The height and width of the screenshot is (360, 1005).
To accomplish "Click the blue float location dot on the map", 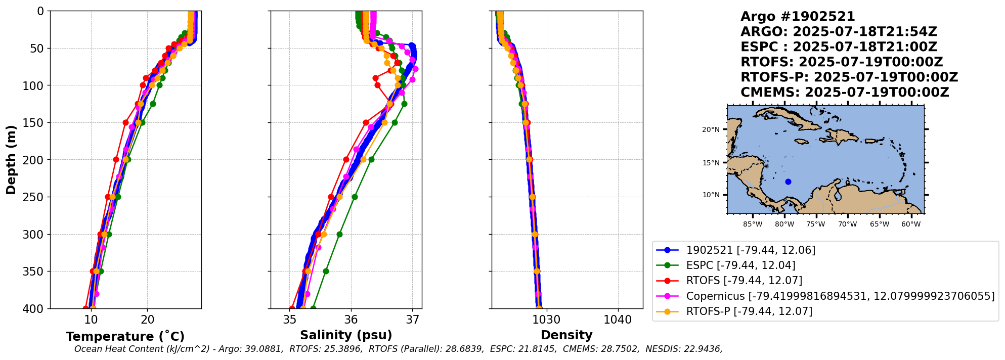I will coord(788,182).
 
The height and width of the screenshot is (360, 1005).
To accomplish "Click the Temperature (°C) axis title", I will coord(125,337).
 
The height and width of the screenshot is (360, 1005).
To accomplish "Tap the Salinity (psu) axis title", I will coord(346,335).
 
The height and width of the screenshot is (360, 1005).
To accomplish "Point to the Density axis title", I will coord(566,335).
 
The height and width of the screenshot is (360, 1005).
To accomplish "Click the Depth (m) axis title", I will coord(11,160).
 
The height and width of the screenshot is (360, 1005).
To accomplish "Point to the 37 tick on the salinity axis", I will coord(413,320).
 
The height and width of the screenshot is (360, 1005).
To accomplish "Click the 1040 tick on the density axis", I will coord(618,320).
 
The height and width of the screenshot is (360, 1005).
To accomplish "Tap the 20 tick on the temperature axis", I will coord(148,320).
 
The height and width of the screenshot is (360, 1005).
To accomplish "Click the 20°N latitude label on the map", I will coord(710,130).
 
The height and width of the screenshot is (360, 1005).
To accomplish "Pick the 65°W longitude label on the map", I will coord(880,224).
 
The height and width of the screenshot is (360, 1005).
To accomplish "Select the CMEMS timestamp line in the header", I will coord(844,93).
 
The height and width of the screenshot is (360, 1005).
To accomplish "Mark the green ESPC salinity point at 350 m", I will coord(326,272).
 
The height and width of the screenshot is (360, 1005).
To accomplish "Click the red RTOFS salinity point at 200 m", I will coord(346,159).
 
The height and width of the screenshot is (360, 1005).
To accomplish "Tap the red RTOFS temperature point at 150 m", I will coord(125,122).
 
